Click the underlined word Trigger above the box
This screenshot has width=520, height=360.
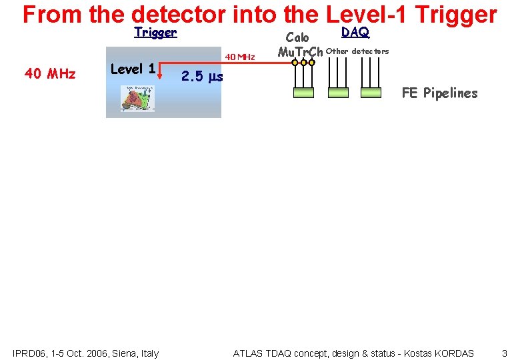pos(155,32)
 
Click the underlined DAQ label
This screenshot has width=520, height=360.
pos(355,32)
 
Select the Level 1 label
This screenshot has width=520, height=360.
pos(133,69)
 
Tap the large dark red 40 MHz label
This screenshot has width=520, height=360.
pos(50,73)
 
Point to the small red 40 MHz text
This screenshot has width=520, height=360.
pos(240,57)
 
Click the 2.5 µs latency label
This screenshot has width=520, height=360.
pos(202,77)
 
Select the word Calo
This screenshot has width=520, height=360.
pos(297,38)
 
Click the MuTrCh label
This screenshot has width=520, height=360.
pos(300,52)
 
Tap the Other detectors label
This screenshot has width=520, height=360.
pos(357,51)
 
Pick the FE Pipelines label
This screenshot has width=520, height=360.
pos(439,93)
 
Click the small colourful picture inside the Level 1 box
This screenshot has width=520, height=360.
pos(137,99)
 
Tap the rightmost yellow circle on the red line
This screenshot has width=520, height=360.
pos(313,63)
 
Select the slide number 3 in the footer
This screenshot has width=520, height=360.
pos(505,353)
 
